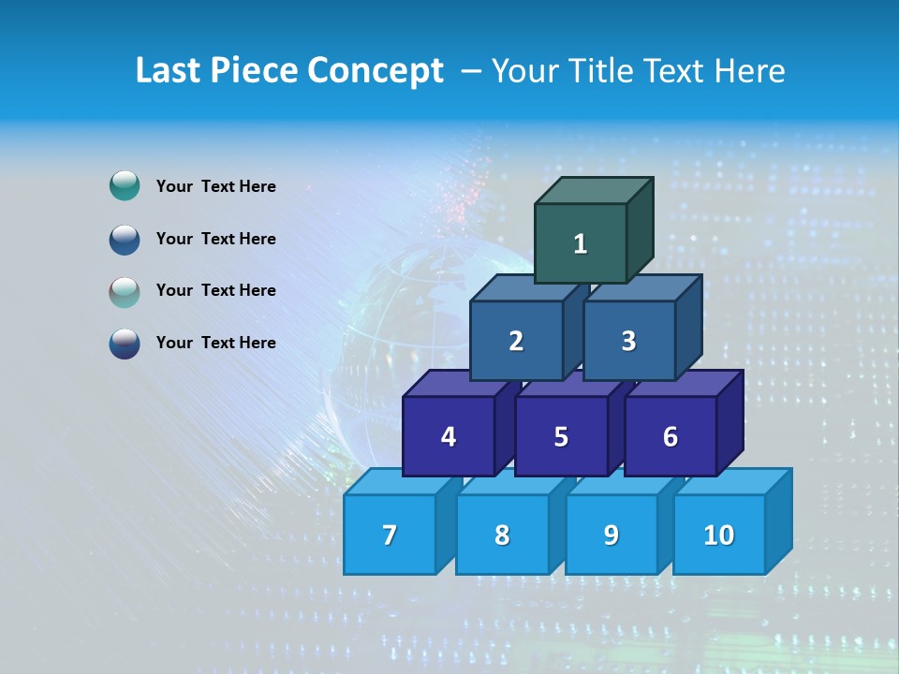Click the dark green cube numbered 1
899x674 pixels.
click(x=581, y=243)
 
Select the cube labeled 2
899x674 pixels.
click(x=516, y=341)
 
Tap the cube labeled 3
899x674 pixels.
click(x=628, y=341)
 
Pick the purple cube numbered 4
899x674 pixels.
click(x=449, y=436)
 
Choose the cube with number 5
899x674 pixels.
click(x=561, y=436)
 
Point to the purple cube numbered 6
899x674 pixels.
click(x=671, y=436)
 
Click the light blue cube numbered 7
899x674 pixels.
click(x=390, y=535)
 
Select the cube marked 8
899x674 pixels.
click(x=502, y=535)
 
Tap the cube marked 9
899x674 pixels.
click(x=612, y=535)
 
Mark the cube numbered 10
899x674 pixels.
click(x=718, y=535)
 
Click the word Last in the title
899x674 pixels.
click(x=169, y=71)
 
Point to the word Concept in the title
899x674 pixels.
click(x=376, y=71)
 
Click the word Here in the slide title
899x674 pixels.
click(x=749, y=71)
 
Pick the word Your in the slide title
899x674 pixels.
click(x=527, y=71)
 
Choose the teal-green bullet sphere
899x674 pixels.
click(x=125, y=186)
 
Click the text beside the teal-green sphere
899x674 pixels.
click(x=215, y=186)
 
